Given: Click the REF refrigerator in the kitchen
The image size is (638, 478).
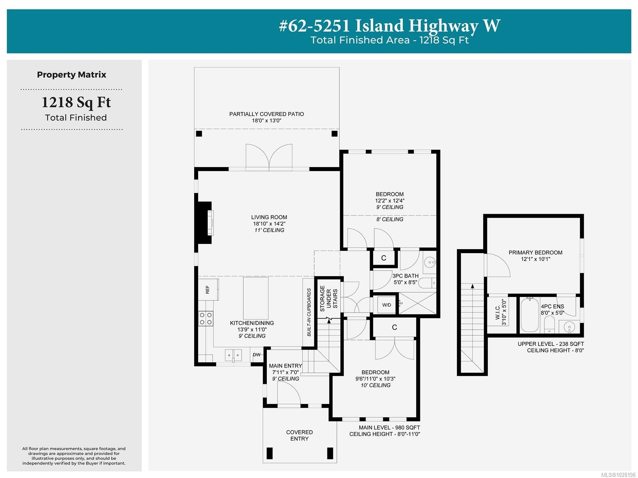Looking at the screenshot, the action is pos(208,289).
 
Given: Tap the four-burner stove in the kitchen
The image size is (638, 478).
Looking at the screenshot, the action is pos(206,319).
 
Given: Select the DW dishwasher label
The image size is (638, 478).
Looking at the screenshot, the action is pos(257,354).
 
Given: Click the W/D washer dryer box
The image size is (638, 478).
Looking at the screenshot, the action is pos(386,305).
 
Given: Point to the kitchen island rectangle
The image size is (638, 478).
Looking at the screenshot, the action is pos(256,298).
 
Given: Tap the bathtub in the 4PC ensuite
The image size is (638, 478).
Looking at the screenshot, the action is pos(530,315).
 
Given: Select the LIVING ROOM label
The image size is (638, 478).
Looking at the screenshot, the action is pos(269,217).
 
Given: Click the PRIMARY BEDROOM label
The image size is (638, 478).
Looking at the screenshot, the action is pos(536,252).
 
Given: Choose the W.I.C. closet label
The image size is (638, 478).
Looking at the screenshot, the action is pos(498,313).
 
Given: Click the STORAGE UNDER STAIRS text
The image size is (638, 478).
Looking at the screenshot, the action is pos(329,299).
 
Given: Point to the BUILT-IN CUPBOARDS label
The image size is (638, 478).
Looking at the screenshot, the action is pos(309,313).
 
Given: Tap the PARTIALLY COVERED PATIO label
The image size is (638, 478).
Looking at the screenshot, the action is pos(266,114).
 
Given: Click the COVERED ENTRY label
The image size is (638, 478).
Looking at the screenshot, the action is pos(299,435).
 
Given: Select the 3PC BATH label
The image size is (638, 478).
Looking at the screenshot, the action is pos(406,276).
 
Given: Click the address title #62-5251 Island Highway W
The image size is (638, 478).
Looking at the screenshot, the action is pos(390,26).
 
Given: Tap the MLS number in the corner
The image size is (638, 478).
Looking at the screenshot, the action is pos(618,475).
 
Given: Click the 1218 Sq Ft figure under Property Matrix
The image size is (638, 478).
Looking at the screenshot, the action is pos(76,102).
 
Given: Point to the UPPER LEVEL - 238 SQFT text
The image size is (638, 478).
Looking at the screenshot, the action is pos(551,344).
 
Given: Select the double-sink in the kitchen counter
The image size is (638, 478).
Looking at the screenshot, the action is pos(233,355).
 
